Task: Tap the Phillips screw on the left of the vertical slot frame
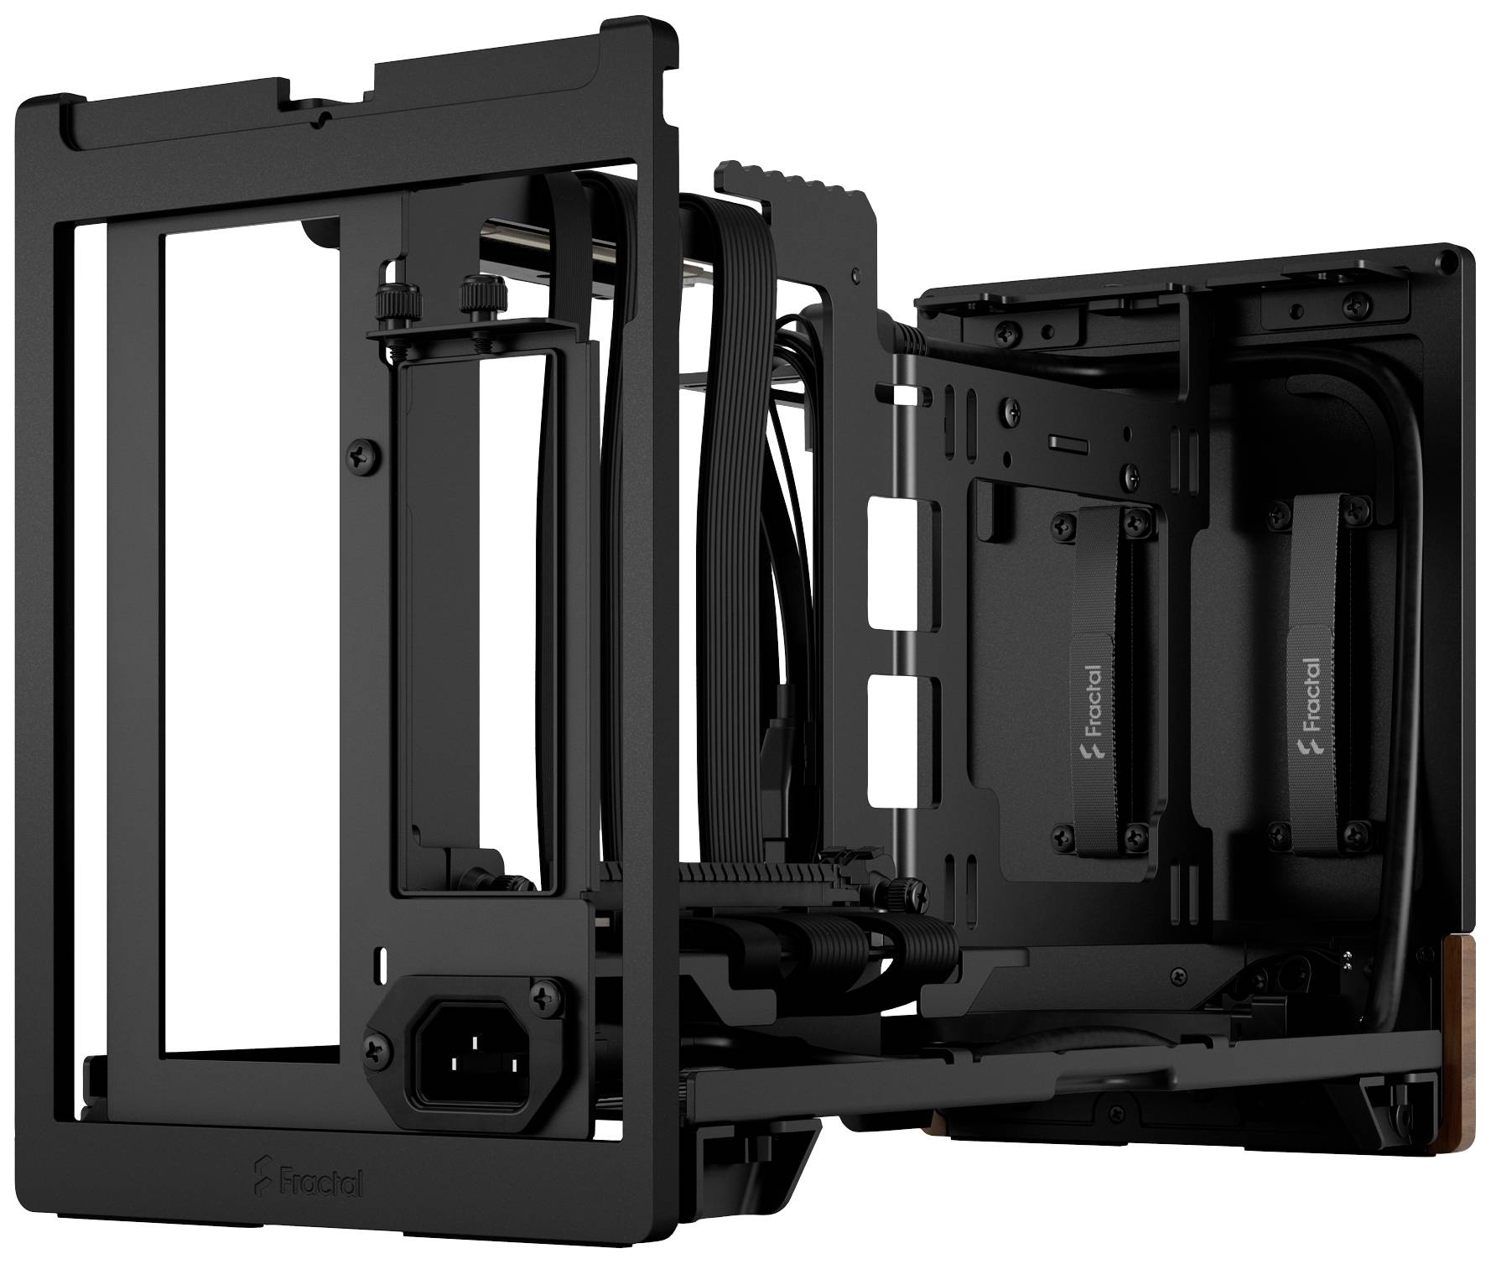[x=363, y=455]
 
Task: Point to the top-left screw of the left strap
[x=1064, y=526]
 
